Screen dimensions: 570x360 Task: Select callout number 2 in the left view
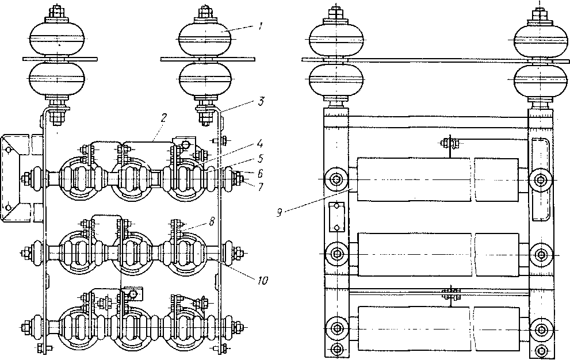pos(164,118)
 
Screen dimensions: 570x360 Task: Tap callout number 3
pos(261,101)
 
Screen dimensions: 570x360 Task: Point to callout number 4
pos(259,143)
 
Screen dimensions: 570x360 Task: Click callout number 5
pos(261,159)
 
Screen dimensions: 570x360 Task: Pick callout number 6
pos(261,174)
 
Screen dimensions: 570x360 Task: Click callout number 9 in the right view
pos(280,213)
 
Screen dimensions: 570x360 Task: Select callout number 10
pos(263,281)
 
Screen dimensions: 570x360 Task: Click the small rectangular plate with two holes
pos(336,217)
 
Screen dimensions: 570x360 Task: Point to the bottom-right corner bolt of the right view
pos(542,350)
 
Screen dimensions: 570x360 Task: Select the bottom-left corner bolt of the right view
pos(337,349)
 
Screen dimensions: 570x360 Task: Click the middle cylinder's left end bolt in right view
pos(336,252)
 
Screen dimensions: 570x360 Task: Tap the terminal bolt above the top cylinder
pos(450,143)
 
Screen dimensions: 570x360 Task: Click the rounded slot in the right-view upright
pos(540,179)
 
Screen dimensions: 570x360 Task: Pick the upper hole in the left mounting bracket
pos(8,149)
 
